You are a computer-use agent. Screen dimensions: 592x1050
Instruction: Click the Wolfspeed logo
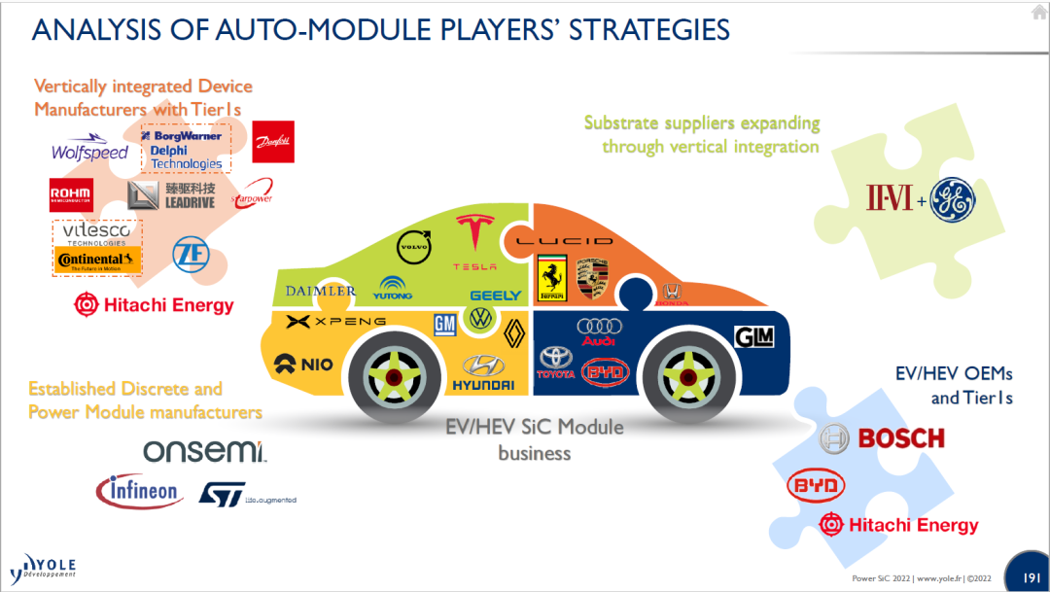[x=89, y=150]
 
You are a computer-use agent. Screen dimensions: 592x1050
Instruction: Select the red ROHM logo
[x=70, y=194]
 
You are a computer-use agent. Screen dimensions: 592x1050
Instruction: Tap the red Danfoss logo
[x=272, y=142]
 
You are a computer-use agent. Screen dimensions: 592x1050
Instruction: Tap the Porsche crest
[x=592, y=278]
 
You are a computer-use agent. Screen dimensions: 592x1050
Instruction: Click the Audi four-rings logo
[x=598, y=331]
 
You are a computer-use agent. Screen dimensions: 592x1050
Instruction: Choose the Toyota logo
[x=556, y=361]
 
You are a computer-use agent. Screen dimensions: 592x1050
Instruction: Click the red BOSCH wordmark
[x=901, y=437]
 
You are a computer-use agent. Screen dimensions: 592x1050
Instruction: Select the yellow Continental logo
[x=97, y=260]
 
